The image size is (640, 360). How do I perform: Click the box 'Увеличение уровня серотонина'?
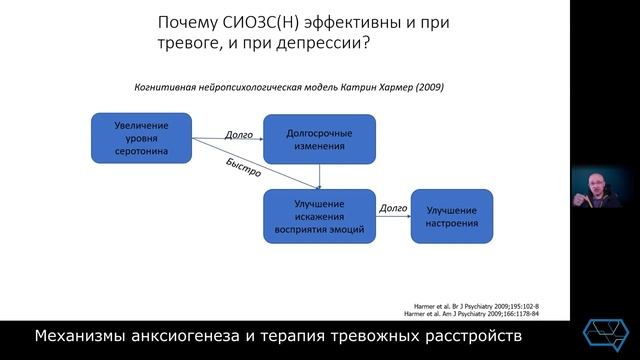pos(140,138)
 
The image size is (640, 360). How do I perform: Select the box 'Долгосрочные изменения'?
pos(319,138)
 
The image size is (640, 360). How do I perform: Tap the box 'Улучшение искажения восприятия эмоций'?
pos(319,215)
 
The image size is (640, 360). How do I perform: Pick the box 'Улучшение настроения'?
pos(452,215)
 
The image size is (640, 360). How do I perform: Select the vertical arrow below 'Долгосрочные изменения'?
pos(319,176)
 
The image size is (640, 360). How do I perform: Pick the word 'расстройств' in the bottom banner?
pos(464,333)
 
